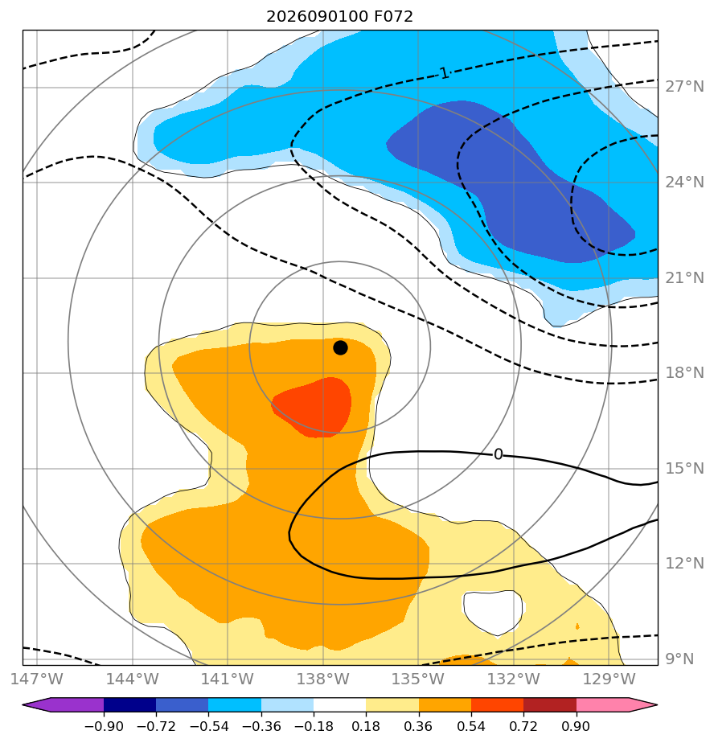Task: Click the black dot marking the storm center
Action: point(340,348)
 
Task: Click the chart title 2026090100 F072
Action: point(339,17)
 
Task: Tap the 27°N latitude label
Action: point(684,87)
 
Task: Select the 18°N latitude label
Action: point(684,373)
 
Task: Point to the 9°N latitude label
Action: point(680,659)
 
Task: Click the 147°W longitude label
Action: point(37,679)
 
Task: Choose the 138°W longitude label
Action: point(323,679)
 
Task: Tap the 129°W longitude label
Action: point(609,679)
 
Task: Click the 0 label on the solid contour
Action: point(498,454)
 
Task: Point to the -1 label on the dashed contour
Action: point(442,73)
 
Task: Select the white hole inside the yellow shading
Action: point(493,612)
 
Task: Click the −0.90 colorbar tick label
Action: point(103,726)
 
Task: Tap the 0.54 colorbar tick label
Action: point(471,726)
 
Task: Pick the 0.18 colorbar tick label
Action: point(366,726)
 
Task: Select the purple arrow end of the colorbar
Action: point(63,704)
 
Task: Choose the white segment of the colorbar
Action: point(339,704)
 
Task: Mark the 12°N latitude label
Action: point(684,564)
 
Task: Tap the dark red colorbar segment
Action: point(550,704)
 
